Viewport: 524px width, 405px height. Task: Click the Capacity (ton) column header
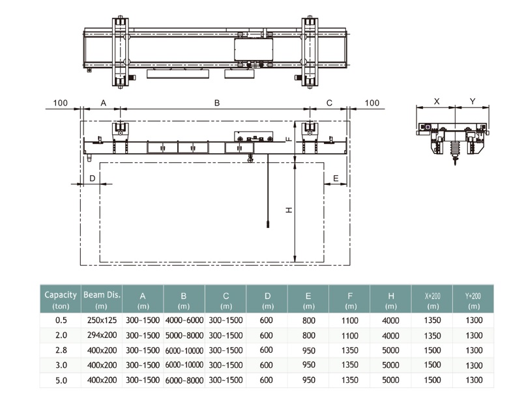point(61,300)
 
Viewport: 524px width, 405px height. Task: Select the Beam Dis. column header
point(102,300)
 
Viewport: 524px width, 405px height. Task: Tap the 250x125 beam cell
point(102,320)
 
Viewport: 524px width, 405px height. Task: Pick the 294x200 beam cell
point(102,335)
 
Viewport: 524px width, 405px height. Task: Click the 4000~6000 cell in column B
point(184,320)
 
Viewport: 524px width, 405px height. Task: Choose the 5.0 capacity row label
point(61,380)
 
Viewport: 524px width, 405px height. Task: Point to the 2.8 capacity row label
point(61,350)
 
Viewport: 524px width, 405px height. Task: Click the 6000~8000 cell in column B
point(184,380)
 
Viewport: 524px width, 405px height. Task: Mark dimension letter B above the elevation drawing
point(217,103)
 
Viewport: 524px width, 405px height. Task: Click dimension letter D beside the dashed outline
point(93,178)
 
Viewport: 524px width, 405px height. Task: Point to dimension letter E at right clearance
point(336,178)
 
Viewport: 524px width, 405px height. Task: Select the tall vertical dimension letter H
point(289,210)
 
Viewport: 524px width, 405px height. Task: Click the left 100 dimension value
point(61,103)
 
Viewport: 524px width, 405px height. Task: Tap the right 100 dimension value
point(372,103)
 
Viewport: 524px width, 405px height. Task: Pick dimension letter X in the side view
point(437,101)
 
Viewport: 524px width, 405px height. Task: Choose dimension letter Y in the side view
point(473,101)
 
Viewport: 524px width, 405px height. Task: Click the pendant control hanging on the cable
point(268,224)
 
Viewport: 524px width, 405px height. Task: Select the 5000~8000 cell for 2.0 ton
point(184,335)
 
